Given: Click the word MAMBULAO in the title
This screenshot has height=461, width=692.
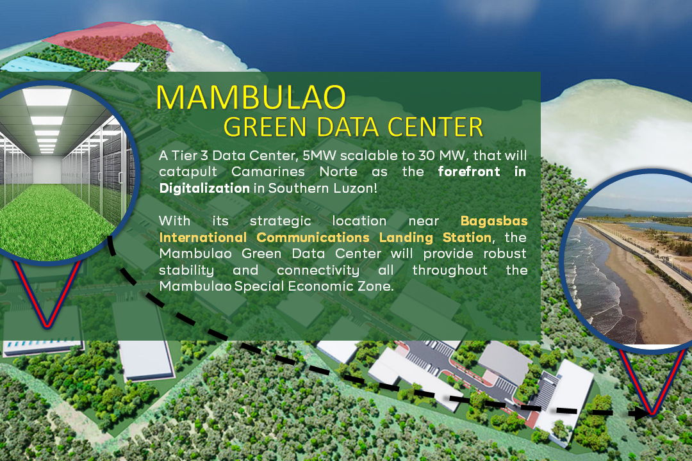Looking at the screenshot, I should [x=251, y=97].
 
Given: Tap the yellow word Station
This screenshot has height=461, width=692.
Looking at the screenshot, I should [x=459, y=238].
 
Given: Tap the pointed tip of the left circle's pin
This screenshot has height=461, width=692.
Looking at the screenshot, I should [x=47, y=325].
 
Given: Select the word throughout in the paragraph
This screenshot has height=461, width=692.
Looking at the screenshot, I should [x=450, y=270].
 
